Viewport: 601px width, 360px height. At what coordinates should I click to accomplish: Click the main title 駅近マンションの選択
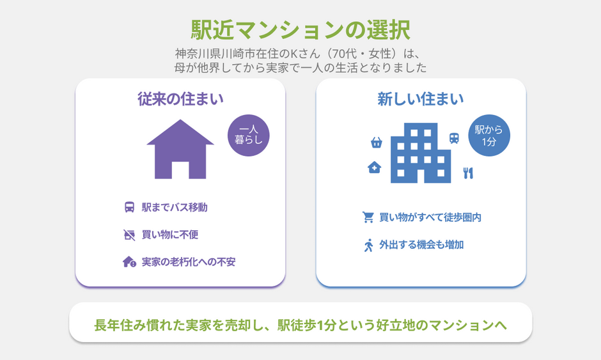click(x=300, y=29)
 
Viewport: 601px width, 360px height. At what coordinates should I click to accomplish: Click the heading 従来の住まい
click(x=180, y=99)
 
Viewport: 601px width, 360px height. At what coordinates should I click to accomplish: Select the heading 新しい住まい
click(x=421, y=99)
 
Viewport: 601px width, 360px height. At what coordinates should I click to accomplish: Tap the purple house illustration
click(x=180, y=149)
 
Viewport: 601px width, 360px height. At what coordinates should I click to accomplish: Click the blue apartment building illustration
click(x=421, y=153)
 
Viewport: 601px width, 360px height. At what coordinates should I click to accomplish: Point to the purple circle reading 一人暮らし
click(x=248, y=136)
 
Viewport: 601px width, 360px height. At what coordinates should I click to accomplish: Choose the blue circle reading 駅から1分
click(x=489, y=136)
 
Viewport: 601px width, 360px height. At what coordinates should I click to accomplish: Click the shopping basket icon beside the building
click(x=377, y=143)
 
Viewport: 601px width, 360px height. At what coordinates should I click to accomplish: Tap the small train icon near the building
click(x=454, y=138)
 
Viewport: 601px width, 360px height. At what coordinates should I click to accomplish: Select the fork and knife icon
click(x=468, y=173)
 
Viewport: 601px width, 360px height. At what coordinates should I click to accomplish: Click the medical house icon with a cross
click(x=374, y=168)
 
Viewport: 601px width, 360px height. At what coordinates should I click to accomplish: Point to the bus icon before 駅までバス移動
click(x=130, y=207)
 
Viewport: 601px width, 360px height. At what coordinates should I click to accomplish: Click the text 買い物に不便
click(x=170, y=235)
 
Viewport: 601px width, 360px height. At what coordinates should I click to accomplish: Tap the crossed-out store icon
click(x=130, y=235)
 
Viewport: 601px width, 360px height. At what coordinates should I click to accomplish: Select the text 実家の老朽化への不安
click(x=188, y=262)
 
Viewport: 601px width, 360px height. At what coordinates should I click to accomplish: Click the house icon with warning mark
click(x=130, y=262)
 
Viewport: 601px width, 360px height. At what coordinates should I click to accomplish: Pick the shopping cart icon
click(x=368, y=217)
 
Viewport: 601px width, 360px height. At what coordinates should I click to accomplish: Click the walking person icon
click(x=368, y=246)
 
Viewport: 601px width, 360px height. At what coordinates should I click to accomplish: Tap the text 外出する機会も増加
click(x=421, y=245)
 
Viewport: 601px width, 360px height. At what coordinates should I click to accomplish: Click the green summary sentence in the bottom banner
click(x=300, y=325)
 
